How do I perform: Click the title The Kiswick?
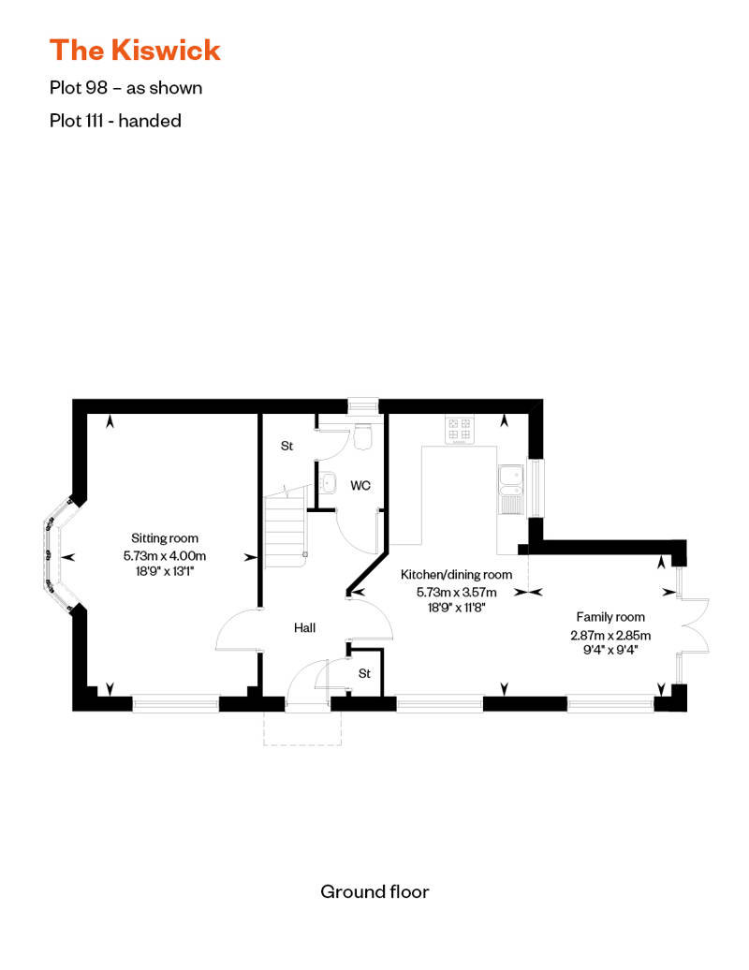pos(135,49)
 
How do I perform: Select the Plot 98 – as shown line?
pos(126,88)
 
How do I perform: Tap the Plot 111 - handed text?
pos(115,120)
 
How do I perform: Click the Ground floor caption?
pos(374,891)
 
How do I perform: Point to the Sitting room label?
pos(165,538)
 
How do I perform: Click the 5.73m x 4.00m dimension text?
pos(165,554)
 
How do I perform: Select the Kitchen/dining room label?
pos(456,575)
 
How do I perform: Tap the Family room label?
pos(610,617)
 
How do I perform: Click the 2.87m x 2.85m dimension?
pos(610,634)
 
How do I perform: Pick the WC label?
pos(361,486)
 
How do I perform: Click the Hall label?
pos(304,627)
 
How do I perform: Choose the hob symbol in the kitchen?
pos(460,430)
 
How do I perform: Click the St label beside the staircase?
pos(287,447)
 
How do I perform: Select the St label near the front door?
pos(365,673)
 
